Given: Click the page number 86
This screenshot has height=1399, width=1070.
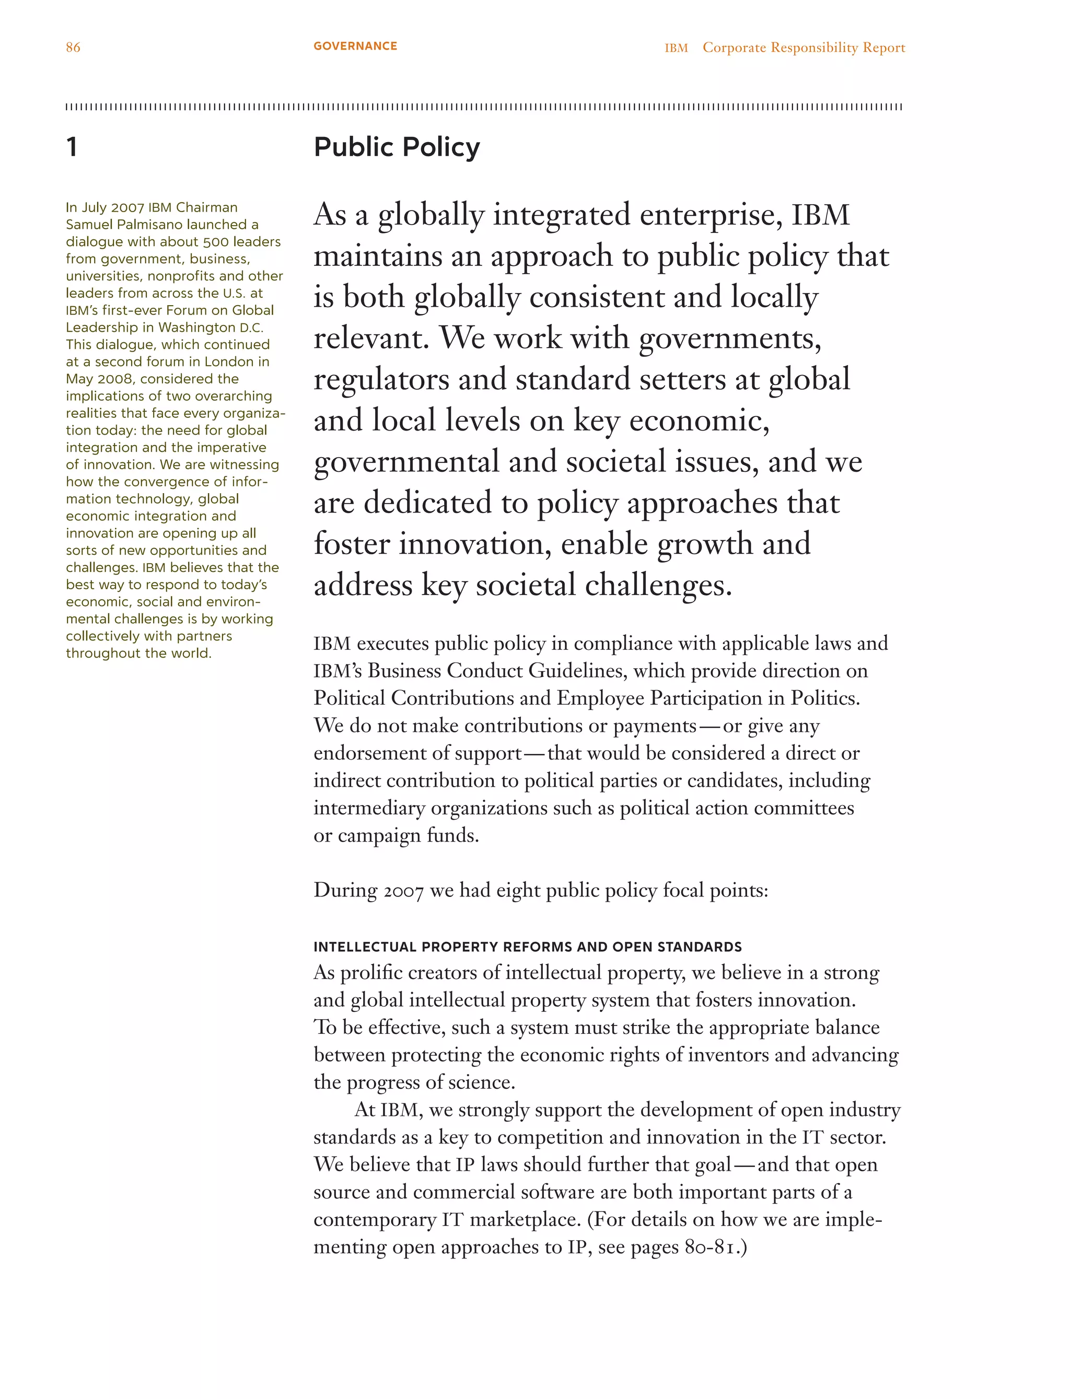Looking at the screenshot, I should [73, 47].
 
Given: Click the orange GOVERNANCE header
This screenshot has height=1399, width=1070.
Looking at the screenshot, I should [355, 46].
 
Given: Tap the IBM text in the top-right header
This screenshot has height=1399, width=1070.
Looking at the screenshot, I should [676, 48].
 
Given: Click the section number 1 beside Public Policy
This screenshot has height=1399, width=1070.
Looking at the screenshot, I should [72, 147].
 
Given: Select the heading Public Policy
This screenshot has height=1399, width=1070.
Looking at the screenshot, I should [396, 147].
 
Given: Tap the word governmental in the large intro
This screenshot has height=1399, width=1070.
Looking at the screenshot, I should [406, 462].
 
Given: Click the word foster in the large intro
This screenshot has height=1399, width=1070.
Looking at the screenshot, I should [351, 544].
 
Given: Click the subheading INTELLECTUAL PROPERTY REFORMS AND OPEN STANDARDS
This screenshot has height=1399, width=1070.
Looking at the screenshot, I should [527, 947].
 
